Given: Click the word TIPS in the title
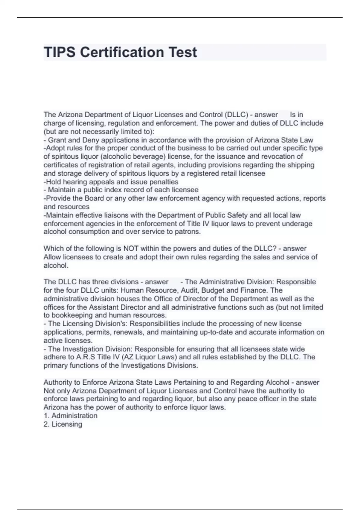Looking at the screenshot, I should click(x=59, y=52).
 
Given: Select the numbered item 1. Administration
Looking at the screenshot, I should click(x=70, y=416).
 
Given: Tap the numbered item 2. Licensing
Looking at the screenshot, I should click(x=63, y=424).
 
